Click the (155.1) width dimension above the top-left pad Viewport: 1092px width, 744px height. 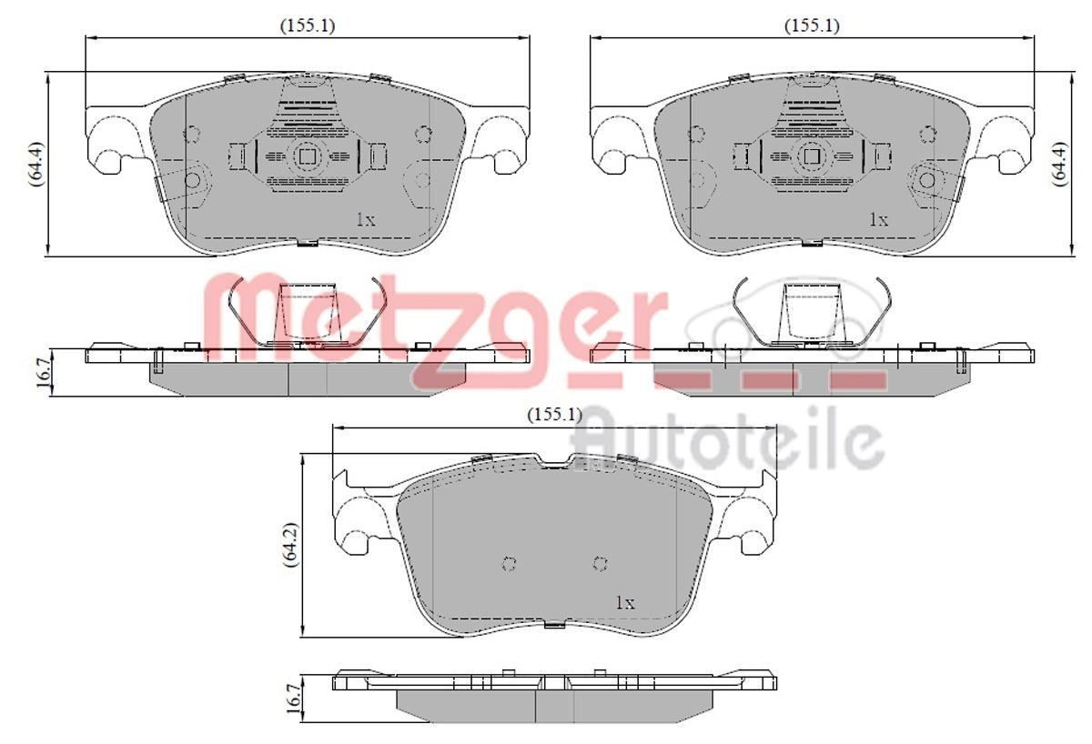pos(308,25)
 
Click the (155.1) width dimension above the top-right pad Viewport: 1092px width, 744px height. pos(812,25)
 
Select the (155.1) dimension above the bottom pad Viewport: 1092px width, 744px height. pos(555,415)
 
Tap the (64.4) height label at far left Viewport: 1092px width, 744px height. pos(36,165)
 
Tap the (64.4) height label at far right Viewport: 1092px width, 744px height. pos(1059,165)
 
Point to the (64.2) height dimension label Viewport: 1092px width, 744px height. pos(291,545)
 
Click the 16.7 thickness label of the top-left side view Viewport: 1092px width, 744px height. pos(43,372)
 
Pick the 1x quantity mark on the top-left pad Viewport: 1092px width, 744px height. pos(366,220)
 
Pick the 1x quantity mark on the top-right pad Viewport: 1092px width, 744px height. pos(879,220)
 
